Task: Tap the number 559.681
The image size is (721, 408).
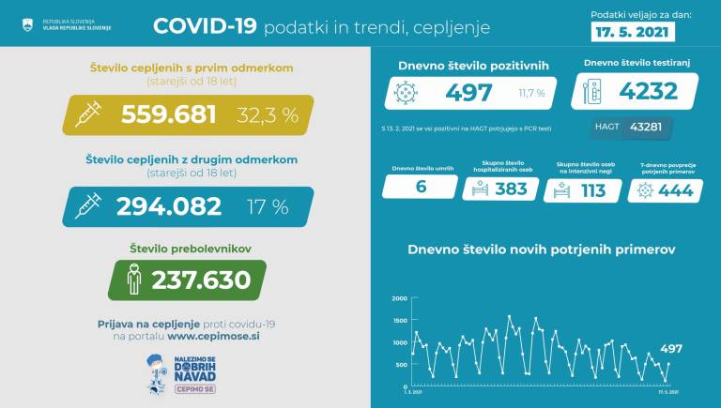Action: click(x=169, y=114)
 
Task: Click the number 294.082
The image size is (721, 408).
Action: click(x=169, y=206)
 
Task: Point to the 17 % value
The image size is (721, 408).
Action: click(x=268, y=206)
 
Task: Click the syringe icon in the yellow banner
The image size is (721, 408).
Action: click(x=88, y=114)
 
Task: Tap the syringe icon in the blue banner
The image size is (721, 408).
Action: click(x=88, y=206)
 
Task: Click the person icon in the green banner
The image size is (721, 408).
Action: click(x=135, y=280)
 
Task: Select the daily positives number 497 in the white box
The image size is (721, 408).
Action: click(x=470, y=92)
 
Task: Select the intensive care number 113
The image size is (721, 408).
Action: click(x=592, y=189)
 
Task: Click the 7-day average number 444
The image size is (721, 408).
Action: click(x=676, y=189)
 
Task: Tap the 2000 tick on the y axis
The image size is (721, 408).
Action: click(x=399, y=298)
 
